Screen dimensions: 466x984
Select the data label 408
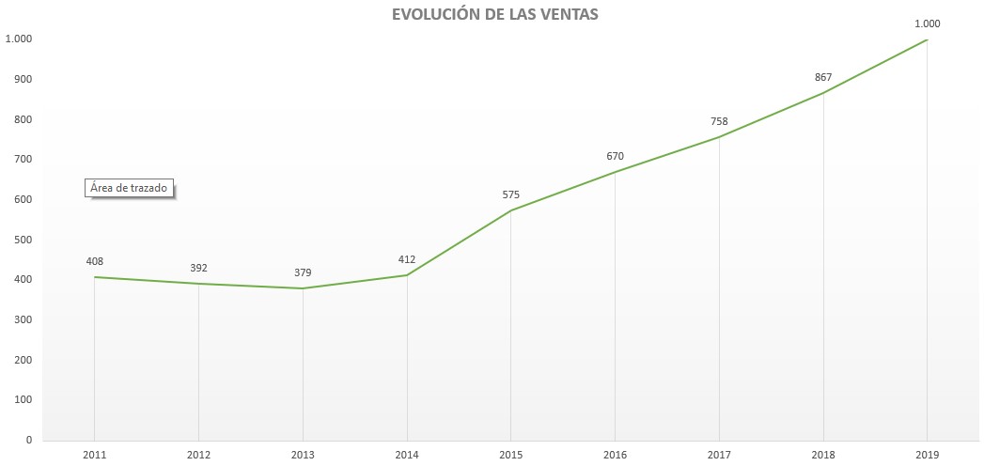[94, 262]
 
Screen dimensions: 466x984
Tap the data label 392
[198, 268]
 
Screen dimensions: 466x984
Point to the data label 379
[303, 273]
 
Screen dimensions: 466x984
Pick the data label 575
[510, 195]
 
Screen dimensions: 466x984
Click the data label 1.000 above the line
[928, 23]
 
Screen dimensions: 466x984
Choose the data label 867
[823, 77]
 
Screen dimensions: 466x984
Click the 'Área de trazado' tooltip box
[131, 188]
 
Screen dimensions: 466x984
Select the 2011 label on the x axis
[94, 456]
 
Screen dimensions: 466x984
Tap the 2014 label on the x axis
[407, 456]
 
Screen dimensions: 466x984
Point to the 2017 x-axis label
[719, 456]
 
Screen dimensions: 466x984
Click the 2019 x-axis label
[928, 456]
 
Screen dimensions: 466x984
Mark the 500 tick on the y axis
[22, 240]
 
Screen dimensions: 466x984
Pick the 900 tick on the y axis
[22, 79]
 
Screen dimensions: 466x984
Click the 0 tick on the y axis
[28, 440]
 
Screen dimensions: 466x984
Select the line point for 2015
[511, 210]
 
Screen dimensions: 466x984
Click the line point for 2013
[303, 288]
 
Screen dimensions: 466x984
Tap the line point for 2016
[616, 172]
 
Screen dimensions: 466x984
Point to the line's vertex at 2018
[823, 93]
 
